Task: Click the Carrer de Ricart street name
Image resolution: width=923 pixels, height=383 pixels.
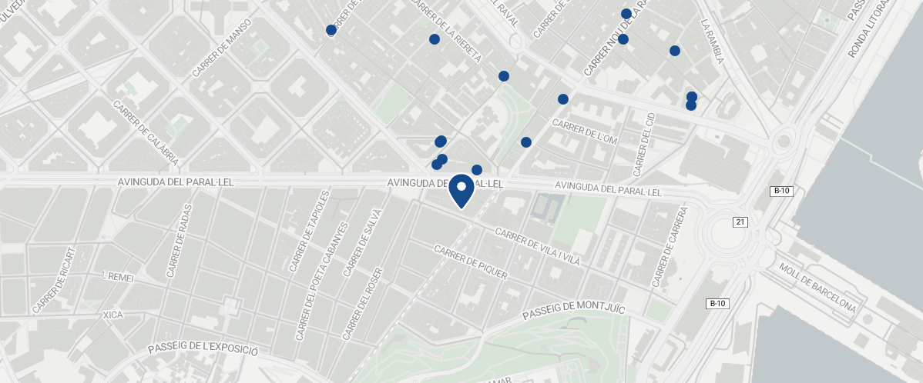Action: [55, 280]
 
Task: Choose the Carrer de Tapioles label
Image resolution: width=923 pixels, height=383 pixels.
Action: [310, 231]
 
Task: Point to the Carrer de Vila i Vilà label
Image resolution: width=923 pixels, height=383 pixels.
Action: [537, 247]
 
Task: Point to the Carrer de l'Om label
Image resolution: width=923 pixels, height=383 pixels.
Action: [585, 132]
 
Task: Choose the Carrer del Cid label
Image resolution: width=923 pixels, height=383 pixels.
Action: [643, 142]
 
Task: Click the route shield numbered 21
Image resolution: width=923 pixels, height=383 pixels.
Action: [740, 221]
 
